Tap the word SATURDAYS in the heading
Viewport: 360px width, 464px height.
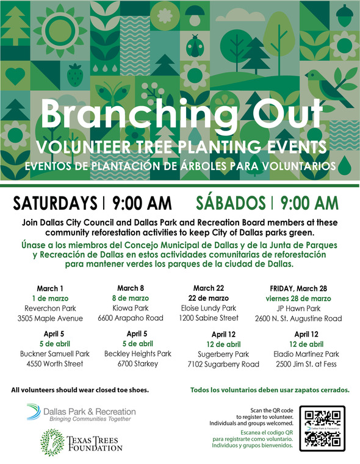55,203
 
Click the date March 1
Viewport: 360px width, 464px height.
49,288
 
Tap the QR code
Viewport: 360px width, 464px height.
326,427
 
